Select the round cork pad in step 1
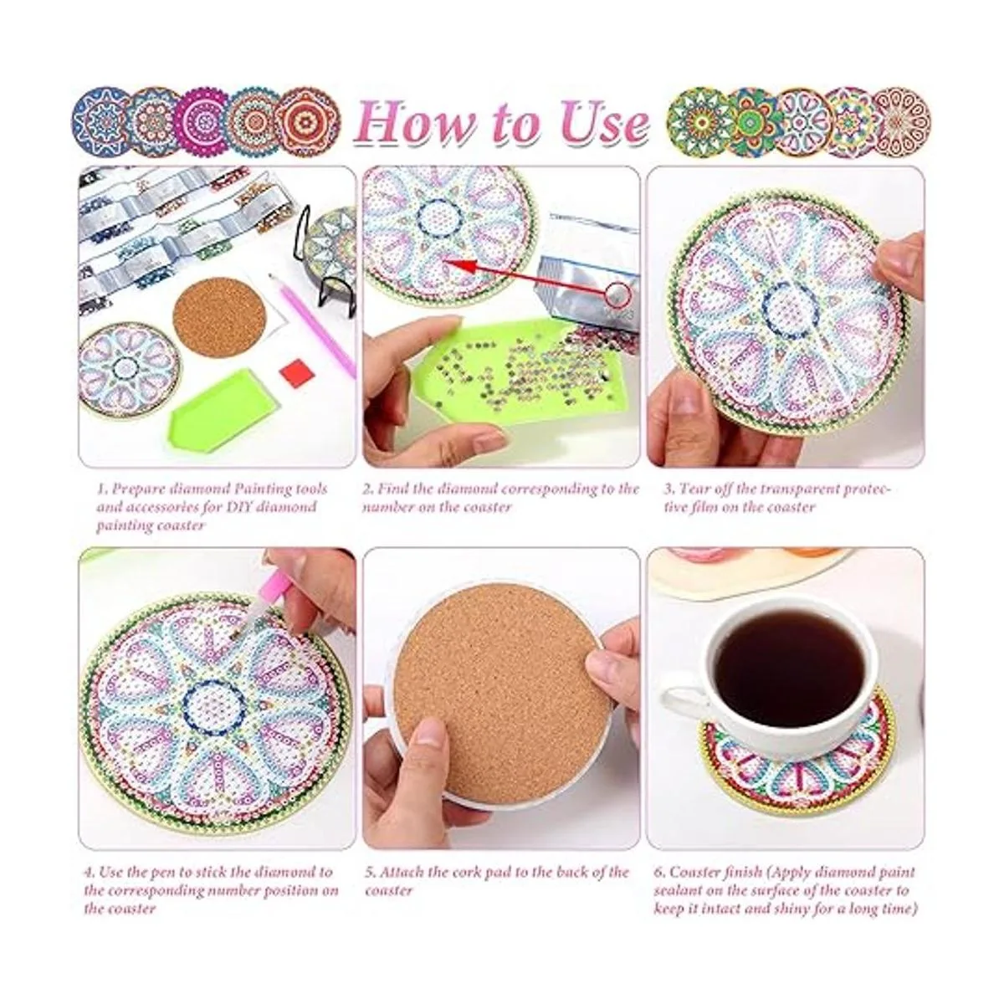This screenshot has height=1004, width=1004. coord(219,317)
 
